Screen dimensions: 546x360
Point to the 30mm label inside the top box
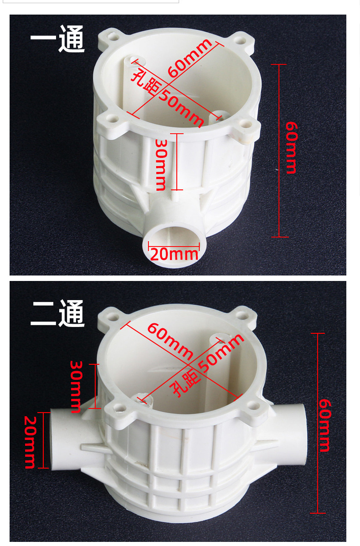(x=161, y=164)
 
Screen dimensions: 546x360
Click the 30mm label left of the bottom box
(x=76, y=386)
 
